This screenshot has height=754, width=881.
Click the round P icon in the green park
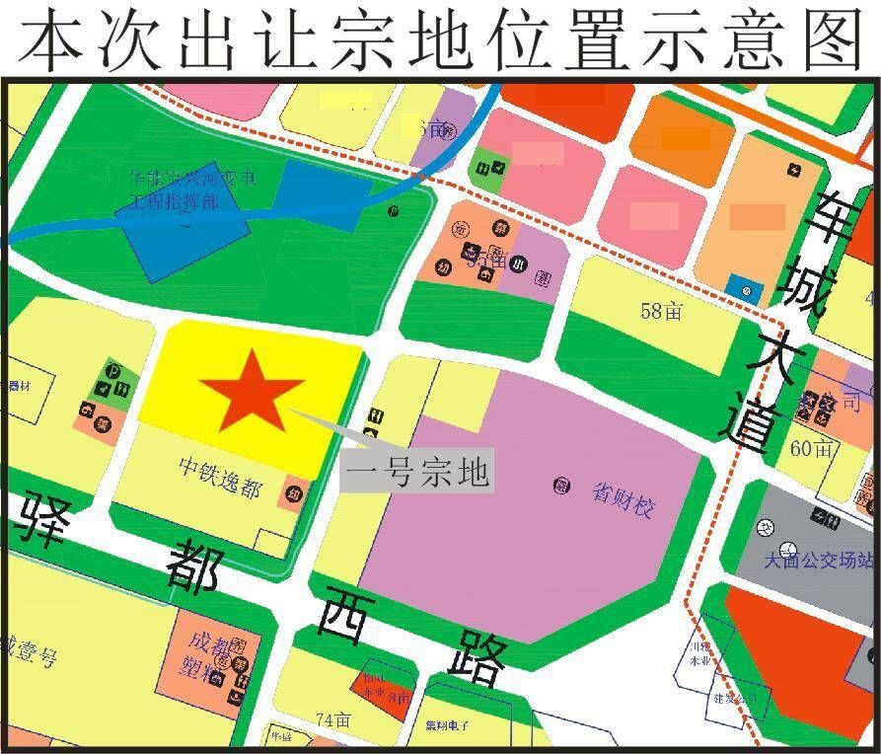393,210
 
